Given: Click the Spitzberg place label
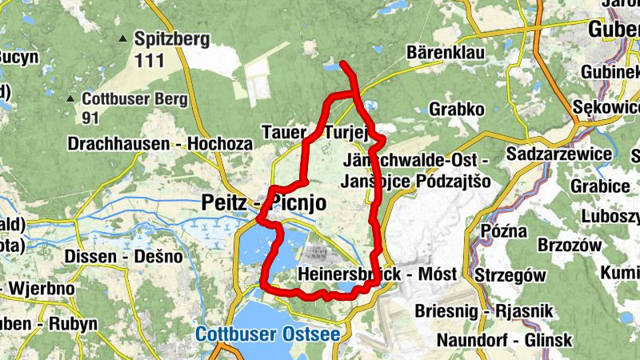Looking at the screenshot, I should pyautogui.click(x=171, y=38).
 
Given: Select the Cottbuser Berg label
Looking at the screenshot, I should pyautogui.click(x=134, y=99).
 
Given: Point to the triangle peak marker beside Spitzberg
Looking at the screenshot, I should pyautogui.click(x=123, y=38).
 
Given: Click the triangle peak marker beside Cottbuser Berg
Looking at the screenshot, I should pyautogui.click(x=71, y=99).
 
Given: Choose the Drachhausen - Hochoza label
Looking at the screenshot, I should pyautogui.click(x=160, y=145).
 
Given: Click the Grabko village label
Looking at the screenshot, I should pyautogui.click(x=457, y=108).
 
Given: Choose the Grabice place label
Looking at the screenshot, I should pyautogui.click(x=597, y=186).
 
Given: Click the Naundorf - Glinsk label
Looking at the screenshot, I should pyautogui.click(x=504, y=340).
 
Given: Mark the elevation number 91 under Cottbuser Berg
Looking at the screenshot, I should pyautogui.click(x=91, y=118).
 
